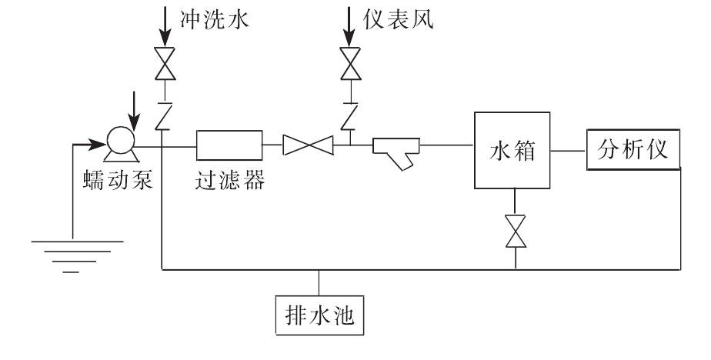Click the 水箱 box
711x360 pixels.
pyautogui.click(x=511, y=150)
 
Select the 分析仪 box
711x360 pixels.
pyautogui.click(x=634, y=150)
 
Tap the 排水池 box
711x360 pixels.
pyautogui.click(x=319, y=315)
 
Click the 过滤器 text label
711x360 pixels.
pyautogui.click(x=229, y=181)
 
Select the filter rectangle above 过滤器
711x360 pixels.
pyautogui.click(x=229, y=144)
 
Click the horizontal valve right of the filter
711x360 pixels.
pyautogui.click(x=307, y=145)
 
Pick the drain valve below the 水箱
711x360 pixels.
pyautogui.click(x=515, y=232)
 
